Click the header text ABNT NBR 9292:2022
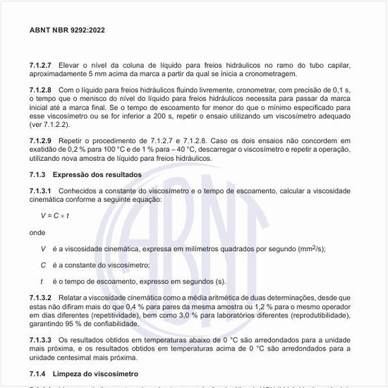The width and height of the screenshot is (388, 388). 67,30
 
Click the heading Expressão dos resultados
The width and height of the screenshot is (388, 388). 97,174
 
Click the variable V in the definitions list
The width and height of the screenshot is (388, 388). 44,248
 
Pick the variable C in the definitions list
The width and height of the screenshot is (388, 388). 44,265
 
